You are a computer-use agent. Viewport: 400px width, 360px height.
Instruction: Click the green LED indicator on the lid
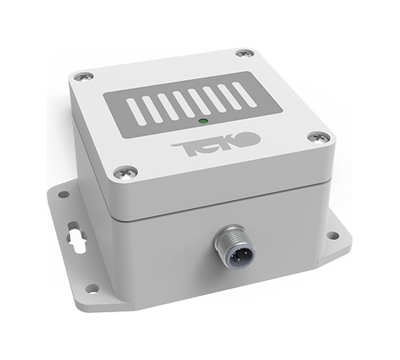(x=202, y=122)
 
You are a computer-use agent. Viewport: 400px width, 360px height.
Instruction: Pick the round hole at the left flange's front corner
(x=91, y=288)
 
